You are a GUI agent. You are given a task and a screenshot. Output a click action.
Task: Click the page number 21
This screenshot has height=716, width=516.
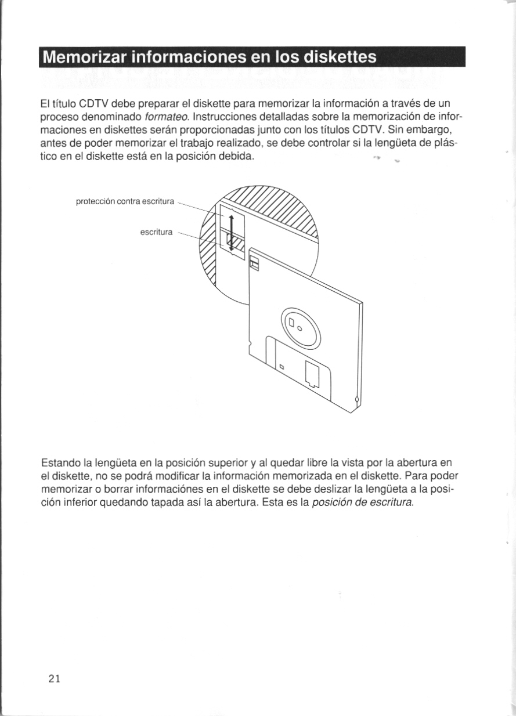pyautogui.click(x=55, y=678)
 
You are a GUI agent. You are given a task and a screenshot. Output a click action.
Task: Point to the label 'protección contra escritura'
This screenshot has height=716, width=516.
pyautogui.click(x=125, y=201)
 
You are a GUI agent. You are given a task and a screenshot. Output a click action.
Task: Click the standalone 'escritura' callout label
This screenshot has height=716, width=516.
pyautogui.click(x=157, y=232)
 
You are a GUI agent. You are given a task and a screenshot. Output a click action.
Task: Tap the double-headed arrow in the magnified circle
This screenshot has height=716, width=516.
pyautogui.click(x=231, y=232)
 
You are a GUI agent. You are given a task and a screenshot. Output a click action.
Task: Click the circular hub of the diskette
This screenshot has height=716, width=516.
pyautogui.click(x=301, y=327)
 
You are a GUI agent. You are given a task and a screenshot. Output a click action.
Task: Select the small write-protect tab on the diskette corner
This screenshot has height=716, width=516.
pyautogui.click(x=253, y=262)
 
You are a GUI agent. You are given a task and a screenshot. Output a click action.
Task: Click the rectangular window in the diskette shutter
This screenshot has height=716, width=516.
pyautogui.click(x=311, y=374)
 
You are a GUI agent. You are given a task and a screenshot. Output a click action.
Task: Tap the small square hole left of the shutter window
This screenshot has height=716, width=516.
pyautogui.click(x=281, y=366)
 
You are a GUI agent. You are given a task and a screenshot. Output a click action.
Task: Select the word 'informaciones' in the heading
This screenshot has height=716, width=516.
pyautogui.click(x=190, y=57)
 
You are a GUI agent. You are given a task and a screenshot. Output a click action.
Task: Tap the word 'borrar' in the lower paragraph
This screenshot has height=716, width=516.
pyautogui.click(x=117, y=489)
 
